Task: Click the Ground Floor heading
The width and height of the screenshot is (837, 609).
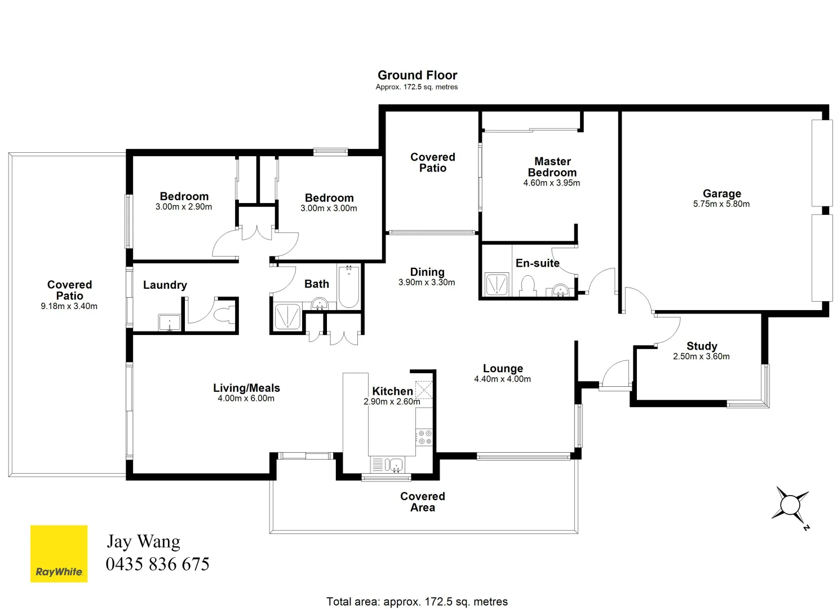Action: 417,75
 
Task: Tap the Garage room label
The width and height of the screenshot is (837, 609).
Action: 721,193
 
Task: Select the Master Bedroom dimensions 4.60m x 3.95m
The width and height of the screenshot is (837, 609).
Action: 551,183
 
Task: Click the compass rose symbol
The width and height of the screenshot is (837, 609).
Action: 790,504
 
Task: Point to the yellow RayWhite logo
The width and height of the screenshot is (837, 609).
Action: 59,553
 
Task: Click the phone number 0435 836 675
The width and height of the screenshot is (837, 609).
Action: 157,564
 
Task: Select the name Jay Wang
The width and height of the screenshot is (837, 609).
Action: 144,541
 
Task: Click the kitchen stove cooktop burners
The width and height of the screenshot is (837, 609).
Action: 424,437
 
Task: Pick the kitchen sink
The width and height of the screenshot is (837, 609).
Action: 395,465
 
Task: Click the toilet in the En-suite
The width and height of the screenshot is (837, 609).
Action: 528,285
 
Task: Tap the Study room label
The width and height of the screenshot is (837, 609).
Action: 702,346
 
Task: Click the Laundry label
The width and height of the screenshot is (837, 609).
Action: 165,285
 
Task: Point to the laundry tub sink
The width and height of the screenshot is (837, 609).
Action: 169,323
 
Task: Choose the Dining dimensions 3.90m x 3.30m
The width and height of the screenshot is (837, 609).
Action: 427,283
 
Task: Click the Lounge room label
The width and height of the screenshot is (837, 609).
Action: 503,368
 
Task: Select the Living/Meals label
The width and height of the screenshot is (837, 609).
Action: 246,388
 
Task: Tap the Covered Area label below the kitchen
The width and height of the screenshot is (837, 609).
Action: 422,501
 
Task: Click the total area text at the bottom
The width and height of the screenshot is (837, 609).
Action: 417,602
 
